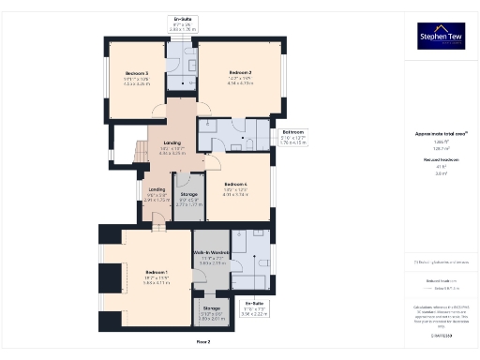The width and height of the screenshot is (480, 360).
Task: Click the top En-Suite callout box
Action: pos(182,24)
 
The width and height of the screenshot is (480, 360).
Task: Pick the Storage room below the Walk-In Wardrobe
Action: pos(210,313)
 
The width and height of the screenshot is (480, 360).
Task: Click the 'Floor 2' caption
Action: pos(202,343)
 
